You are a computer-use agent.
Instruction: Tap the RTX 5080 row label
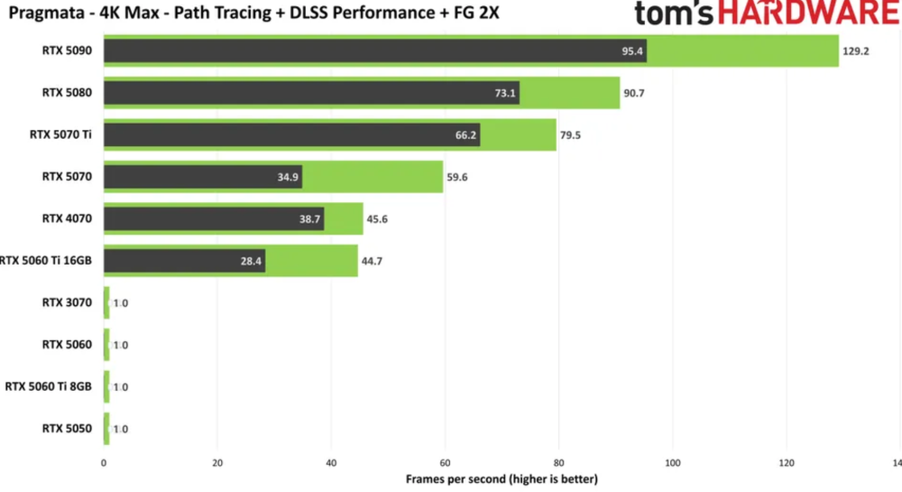[x=67, y=92]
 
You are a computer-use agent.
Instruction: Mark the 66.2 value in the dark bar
[x=466, y=135]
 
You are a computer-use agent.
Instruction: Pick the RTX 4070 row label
[x=67, y=218]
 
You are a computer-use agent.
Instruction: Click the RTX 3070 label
[x=67, y=302]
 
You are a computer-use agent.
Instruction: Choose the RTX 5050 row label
[x=67, y=428]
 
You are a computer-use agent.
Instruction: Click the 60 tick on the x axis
[x=445, y=462]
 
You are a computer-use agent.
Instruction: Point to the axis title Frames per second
[x=502, y=478]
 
